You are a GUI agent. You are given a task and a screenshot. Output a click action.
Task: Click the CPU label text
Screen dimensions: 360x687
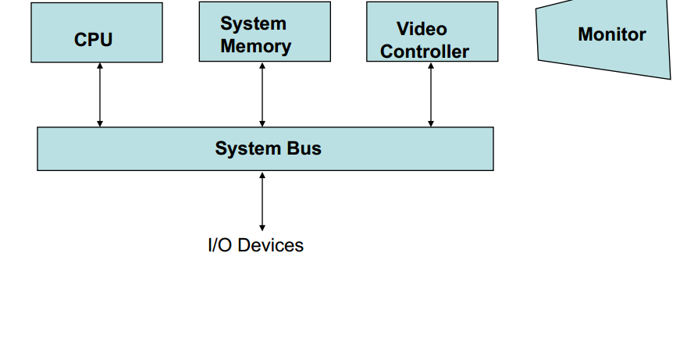(94, 40)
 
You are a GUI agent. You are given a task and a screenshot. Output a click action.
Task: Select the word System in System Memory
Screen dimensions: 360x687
(253, 23)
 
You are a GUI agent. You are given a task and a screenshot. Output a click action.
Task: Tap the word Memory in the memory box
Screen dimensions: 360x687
(255, 46)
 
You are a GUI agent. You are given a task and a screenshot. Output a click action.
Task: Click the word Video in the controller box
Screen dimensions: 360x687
(422, 29)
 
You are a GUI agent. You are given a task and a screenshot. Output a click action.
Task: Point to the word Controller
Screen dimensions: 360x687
(425, 52)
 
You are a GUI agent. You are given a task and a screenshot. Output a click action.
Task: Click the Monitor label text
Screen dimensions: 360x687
(611, 34)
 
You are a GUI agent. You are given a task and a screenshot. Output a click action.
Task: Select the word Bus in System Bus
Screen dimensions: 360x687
(304, 148)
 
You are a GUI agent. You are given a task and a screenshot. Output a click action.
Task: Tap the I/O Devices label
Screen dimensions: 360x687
(255, 245)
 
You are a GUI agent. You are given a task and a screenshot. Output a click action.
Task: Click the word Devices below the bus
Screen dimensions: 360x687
(271, 245)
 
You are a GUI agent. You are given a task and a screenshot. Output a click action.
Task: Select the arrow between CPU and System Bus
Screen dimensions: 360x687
(100, 94)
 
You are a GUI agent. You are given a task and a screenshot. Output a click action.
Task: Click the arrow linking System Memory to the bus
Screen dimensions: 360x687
(262, 94)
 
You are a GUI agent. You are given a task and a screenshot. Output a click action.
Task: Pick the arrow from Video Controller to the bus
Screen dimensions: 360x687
(431, 94)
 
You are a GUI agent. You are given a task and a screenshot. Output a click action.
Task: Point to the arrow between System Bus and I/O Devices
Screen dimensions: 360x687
(262, 201)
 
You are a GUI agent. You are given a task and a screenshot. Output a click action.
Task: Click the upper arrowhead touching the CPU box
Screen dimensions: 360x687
(100, 66)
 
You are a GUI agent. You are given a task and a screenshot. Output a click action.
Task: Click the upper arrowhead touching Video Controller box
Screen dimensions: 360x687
(431, 66)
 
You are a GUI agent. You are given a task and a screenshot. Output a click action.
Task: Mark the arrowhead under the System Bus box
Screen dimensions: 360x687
(262, 175)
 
